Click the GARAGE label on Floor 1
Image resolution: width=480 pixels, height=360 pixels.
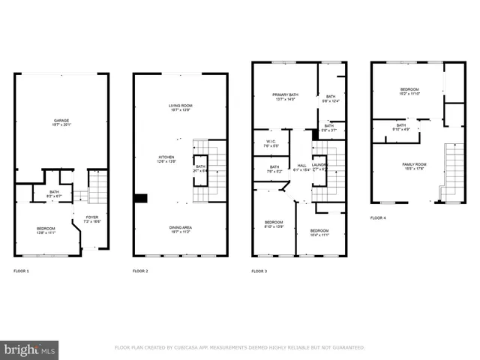[61, 121]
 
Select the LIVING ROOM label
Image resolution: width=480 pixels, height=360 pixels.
[180, 106]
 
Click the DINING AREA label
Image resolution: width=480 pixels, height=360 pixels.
[180, 228]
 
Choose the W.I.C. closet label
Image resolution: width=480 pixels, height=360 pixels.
[271, 142]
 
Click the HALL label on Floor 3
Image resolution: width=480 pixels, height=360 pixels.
[301, 166]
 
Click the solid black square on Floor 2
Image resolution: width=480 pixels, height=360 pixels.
[140, 199]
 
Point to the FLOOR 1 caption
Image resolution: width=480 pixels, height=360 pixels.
[22, 270]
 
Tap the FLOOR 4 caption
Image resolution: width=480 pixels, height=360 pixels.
[378, 218]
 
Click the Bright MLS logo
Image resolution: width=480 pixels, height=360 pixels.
[29, 349]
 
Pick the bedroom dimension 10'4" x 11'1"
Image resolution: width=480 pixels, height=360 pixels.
[319, 235]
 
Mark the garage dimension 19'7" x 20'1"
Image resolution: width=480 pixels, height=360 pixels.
[61, 125]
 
